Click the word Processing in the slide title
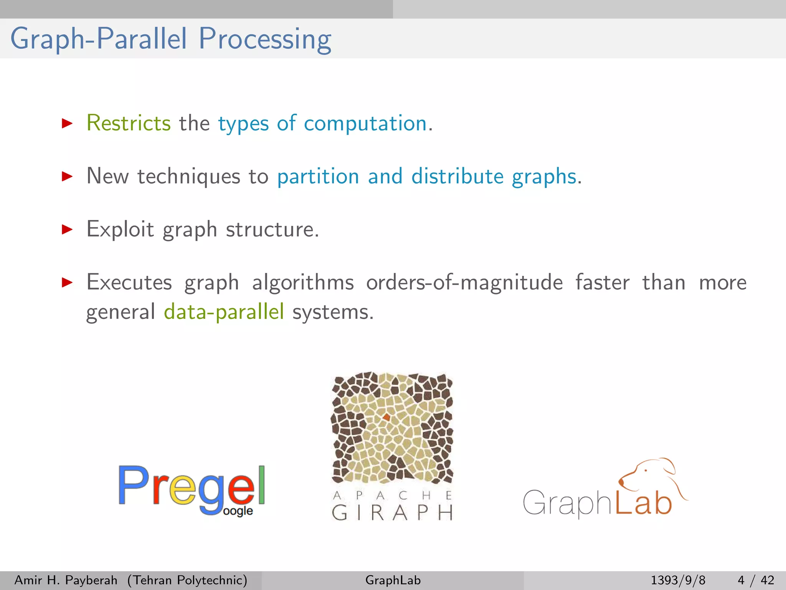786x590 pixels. (x=265, y=39)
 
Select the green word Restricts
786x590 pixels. (x=129, y=123)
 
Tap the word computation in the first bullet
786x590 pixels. (x=365, y=124)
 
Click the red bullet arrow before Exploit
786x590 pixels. (x=67, y=230)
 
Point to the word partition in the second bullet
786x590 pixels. (x=318, y=177)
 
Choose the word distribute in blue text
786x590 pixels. (x=457, y=176)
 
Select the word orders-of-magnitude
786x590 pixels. (x=464, y=283)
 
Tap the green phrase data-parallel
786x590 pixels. (x=224, y=312)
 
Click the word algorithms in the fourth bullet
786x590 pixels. (x=303, y=283)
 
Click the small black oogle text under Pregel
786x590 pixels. (x=238, y=511)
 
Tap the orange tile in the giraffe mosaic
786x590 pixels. (x=386, y=417)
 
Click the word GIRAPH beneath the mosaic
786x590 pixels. (x=392, y=513)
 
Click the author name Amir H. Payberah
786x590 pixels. (x=66, y=580)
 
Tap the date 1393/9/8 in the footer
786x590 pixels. (x=678, y=580)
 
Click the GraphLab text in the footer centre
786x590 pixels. (x=393, y=580)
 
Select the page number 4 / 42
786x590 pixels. (x=755, y=580)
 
